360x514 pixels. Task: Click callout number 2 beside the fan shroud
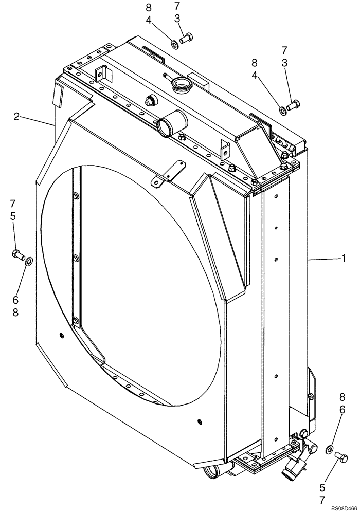click(17, 117)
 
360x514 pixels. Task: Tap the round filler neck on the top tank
click(181, 82)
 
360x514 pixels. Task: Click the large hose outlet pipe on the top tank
click(166, 125)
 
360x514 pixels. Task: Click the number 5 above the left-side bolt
click(13, 216)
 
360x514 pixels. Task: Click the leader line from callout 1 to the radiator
click(324, 260)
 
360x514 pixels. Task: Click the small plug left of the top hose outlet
click(151, 101)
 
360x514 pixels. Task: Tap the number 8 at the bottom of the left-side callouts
click(15, 312)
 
